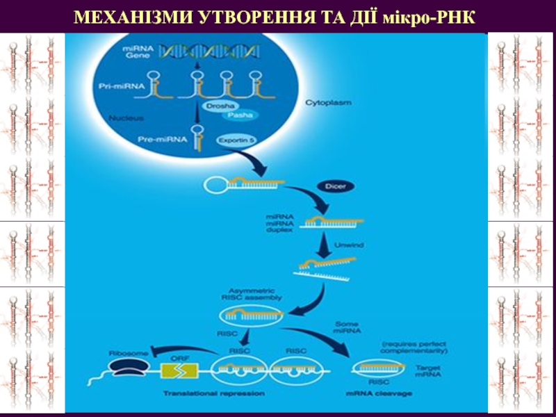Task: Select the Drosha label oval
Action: pos(216,106)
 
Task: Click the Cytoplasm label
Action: pos(328,102)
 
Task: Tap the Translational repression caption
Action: pos(213,394)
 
